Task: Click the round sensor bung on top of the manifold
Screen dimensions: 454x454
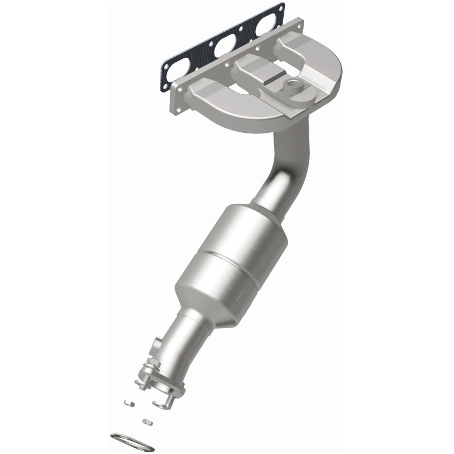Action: pyautogui.click(x=294, y=86)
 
